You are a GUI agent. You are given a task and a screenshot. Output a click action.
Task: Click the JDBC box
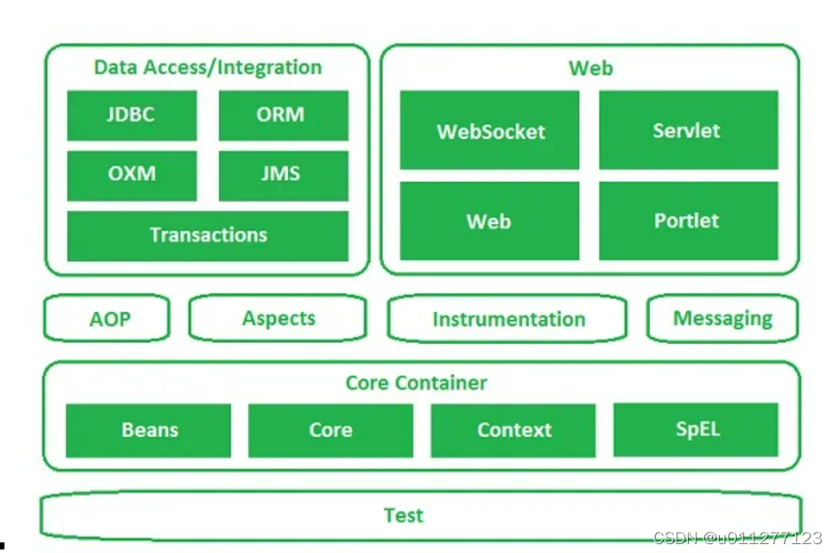[x=132, y=115]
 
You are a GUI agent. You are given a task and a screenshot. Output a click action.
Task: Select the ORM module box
[x=284, y=115]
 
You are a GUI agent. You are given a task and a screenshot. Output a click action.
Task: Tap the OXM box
[x=132, y=175]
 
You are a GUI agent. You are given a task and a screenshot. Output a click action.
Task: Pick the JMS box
[x=284, y=175]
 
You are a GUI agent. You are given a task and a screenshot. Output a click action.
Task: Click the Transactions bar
[x=208, y=236]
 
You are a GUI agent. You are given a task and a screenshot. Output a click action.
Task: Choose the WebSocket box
[x=489, y=130]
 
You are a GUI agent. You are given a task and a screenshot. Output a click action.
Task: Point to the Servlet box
[x=688, y=130]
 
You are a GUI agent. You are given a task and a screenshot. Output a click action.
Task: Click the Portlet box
[x=688, y=221]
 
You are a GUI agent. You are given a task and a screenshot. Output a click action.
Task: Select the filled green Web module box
[x=489, y=221]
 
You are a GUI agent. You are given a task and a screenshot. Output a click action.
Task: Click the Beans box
[x=148, y=431]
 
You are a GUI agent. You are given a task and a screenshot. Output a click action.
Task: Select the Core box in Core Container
[x=331, y=431]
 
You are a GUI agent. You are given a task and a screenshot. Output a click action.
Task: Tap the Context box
[x=513, y=431]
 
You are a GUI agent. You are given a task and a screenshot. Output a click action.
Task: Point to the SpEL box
[x=696, y=430]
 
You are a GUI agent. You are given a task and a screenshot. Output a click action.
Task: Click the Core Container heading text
[x=417, y=383]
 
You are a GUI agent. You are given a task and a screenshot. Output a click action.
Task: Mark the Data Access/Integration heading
[x=208, y=67]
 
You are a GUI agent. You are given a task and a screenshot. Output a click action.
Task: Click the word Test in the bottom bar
[x=403, y=515]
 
